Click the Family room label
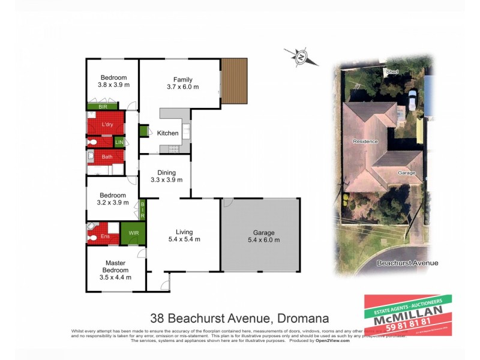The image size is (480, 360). tap(183, 79)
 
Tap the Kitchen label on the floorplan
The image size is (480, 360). tap(168, 133)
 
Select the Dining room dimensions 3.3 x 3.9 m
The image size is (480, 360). tap(166, 179)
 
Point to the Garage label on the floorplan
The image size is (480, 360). tap(263, 233)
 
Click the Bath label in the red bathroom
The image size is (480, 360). tap(107, 157)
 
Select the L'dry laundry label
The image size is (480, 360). tap(107, 124)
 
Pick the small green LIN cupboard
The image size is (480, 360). tap(119, 142)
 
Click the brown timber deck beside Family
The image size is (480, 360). tap(234, 81)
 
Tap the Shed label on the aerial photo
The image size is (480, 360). tap(392, 72)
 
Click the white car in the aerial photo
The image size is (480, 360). tap(412, 98)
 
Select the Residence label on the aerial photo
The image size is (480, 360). tap(365, 142)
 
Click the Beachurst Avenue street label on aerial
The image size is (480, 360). tap(407, 263)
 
